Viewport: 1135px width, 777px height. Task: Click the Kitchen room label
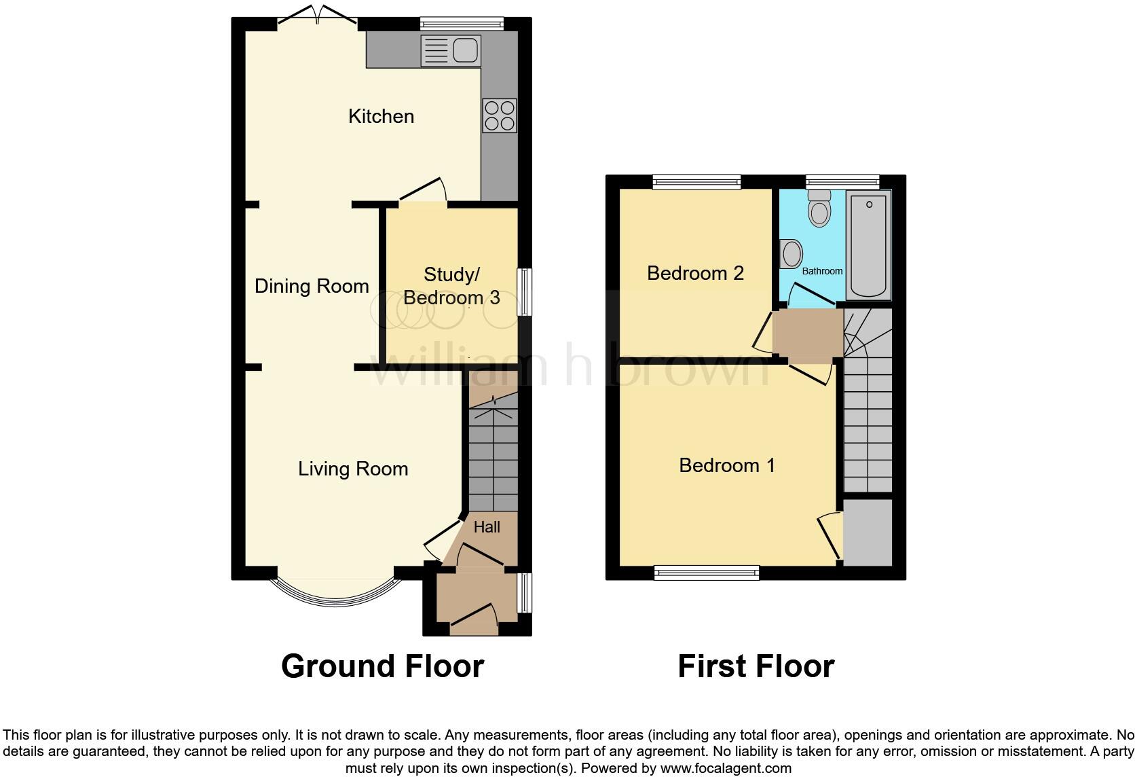click(x=381, y=116)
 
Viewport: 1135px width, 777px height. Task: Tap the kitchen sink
click(x=451, y=51)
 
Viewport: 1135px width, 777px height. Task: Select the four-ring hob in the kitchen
click(x=499, y=115)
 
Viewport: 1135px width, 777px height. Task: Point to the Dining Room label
click(x=312, y=286)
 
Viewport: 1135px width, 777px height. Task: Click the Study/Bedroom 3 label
click(x=451, y=286)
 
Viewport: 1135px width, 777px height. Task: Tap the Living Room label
click(x=353, y=469)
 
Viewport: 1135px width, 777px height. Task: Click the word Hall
click(x=487, y=527)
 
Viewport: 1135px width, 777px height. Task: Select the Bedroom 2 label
click(x=695, y=273)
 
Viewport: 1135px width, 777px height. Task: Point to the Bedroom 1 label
click(x=726, y=465)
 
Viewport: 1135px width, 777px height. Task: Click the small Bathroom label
click(x=822, y=271)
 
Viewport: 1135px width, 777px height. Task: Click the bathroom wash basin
click(x=790, y=254)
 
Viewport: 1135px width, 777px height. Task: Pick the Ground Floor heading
click(x=382, y=666)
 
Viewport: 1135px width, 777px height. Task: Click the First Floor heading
click(x=756, y=666)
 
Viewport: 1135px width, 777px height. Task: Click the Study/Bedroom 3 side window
click(x=525, y=292)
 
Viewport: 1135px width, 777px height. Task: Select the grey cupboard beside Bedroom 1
click(x=868, y=532)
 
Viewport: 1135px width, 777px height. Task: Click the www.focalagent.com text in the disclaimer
click(x=725, y=769)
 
